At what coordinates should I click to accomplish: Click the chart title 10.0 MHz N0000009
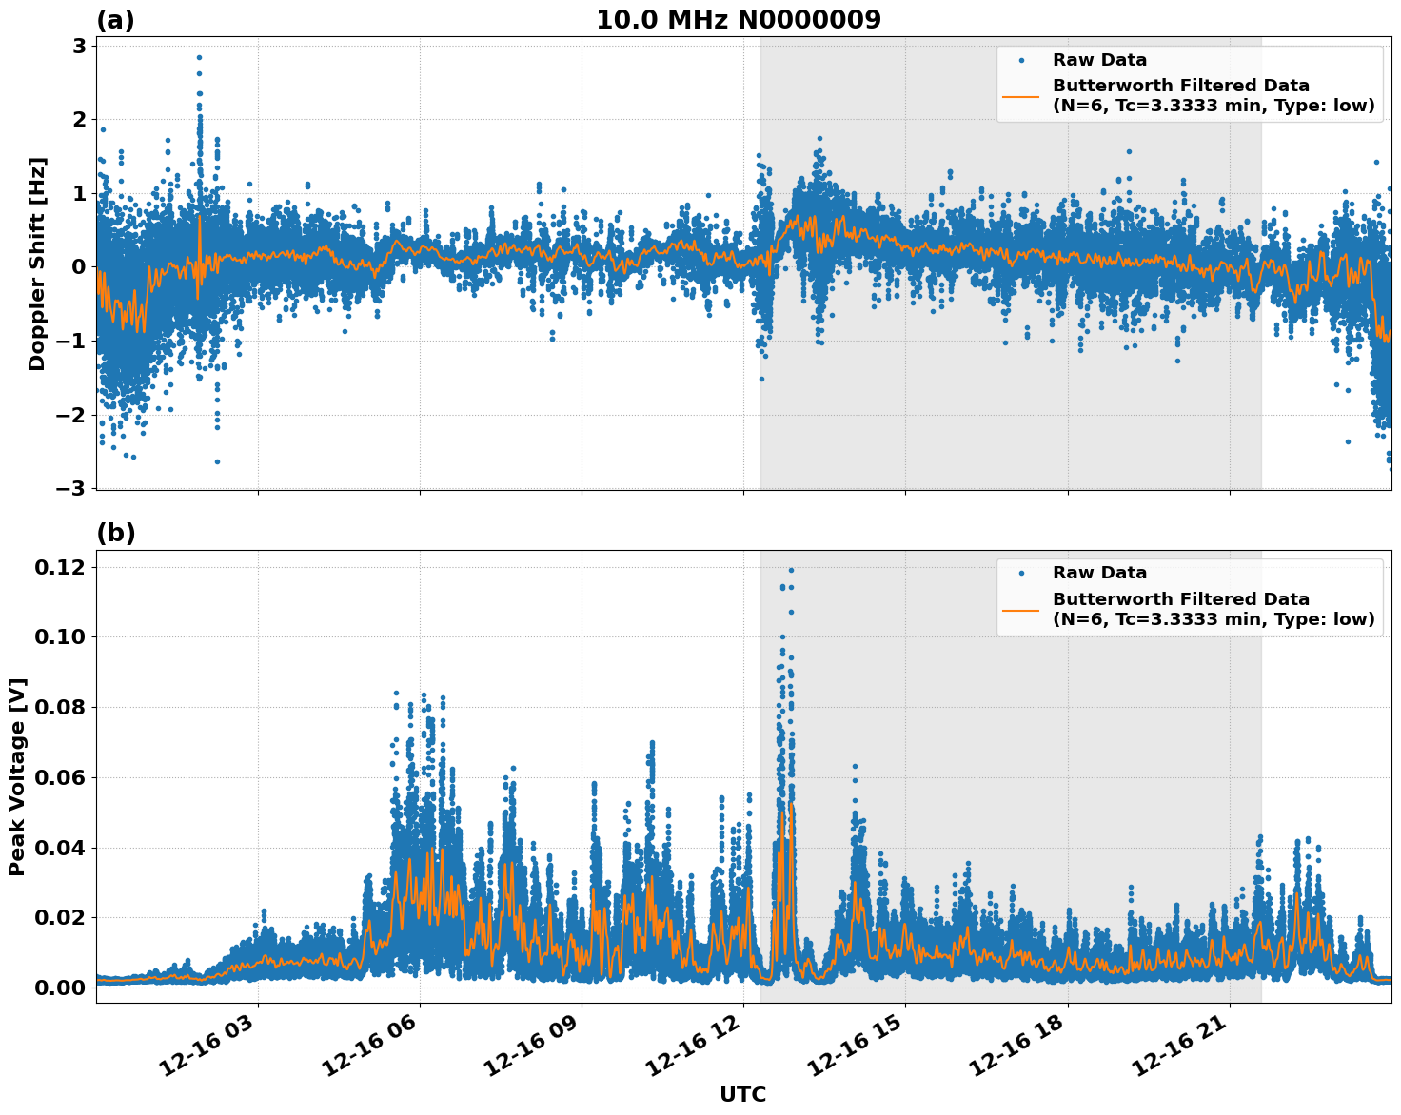click(x=738, y=20)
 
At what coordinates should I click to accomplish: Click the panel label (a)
click(x=115, y=20)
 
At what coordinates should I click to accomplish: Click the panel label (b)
click(x=115, y=533)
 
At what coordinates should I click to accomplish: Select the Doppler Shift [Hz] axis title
click(x=36, y=264)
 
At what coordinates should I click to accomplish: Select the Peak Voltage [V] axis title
click(x=17, y=776)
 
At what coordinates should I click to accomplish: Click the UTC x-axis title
click(x=742, y=1094)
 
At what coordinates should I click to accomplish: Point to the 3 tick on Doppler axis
click(x=79, y=46)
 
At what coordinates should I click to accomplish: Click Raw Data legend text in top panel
click(x=1099, y=61)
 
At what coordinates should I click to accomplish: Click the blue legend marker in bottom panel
click(x=1021, y=574)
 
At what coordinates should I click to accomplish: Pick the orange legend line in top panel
click(x=1021, y=95)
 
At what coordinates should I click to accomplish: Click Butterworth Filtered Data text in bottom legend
click(x=1180, y=599)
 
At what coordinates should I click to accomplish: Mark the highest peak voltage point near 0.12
click(x=791, y=570)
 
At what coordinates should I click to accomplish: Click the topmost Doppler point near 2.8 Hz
click(x=199, y=57)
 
